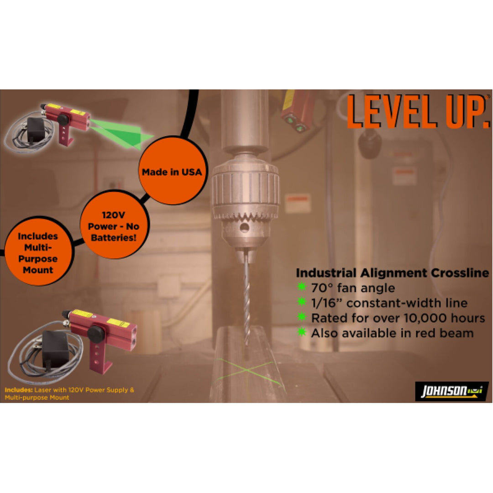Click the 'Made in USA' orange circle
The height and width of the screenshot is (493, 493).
coord(171,172)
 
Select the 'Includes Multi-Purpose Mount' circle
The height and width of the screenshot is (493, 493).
coord(38,253)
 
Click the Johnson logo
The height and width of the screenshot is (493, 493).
coord(451,391)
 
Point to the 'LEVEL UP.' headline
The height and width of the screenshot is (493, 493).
coord(418,112)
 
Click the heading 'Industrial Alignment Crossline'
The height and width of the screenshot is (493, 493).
coord(392,273)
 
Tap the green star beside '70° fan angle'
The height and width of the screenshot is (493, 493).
coord(302,288)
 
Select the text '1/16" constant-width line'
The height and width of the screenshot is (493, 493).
coord(389,303)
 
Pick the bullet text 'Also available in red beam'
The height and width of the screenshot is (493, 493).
coord(392,333)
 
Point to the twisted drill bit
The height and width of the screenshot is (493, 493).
coord(246,297)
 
